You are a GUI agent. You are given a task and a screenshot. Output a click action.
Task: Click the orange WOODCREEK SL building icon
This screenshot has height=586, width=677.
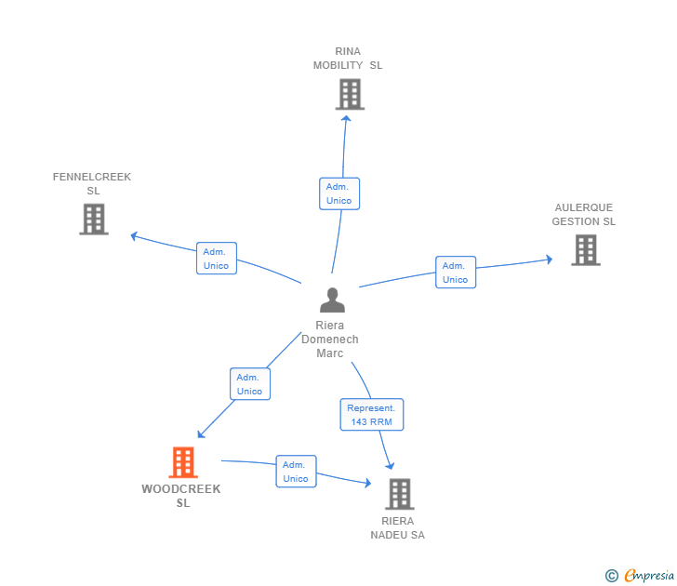pyautogui.click(x=183, y=462)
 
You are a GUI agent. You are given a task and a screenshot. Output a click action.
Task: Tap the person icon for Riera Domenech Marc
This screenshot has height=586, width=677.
pyautogui.click(x=332, y=300)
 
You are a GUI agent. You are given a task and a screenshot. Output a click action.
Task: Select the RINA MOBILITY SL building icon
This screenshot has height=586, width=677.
pyautogui.click(x=350, y=94)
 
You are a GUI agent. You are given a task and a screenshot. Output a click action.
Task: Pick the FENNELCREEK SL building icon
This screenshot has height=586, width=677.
pyautogui.click(x=94, y=219)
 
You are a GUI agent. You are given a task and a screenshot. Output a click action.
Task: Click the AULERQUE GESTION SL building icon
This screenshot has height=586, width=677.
pyautogui.click(x=586, y=250)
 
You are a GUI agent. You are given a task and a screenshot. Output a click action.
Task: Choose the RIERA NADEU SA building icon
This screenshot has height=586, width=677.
pyautogui.click(x=400, y=494)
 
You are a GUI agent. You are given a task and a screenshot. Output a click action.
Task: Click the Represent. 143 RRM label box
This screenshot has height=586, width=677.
pyautogui.click(x=372, y=415)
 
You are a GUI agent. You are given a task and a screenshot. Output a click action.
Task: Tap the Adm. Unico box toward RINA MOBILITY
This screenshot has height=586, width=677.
pyautogui.click(x=339, y=193)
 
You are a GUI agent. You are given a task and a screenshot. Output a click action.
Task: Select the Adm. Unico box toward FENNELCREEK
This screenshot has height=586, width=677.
pyautogui.click(x=217, y=259)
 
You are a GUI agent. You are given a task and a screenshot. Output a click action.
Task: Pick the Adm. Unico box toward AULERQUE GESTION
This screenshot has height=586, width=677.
pyautogui.click(x=456, y=272)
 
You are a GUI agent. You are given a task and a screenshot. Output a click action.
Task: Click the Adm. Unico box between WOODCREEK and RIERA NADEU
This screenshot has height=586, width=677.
pyautogui.click(x=296, y=472)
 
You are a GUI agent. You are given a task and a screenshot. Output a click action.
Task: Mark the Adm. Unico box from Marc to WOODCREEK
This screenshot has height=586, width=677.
pyautogui.click(x=250, y=384)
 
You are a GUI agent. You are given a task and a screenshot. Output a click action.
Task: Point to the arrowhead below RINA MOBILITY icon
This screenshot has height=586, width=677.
pyautogui.click(x=346, y=119)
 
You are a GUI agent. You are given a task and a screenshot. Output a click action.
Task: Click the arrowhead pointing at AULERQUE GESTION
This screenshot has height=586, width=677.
pyautogui.click(x=550, y=260)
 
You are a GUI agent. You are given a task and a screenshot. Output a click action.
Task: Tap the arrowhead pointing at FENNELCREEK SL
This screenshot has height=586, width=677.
pyautogui.click(x=134, y=236)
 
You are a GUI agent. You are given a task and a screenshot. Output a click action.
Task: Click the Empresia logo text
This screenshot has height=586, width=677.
pyautogui.click(x=649, y=576)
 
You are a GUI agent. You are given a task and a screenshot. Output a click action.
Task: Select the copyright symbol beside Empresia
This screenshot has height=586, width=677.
pyautogui.click(x=612, y=576)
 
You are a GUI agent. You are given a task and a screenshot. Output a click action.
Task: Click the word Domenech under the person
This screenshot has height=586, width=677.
pyautogui.click(x=330, y=340)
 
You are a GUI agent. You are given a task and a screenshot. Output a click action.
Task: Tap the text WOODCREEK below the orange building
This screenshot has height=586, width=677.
pyautogui.click(x=181, y=489)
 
